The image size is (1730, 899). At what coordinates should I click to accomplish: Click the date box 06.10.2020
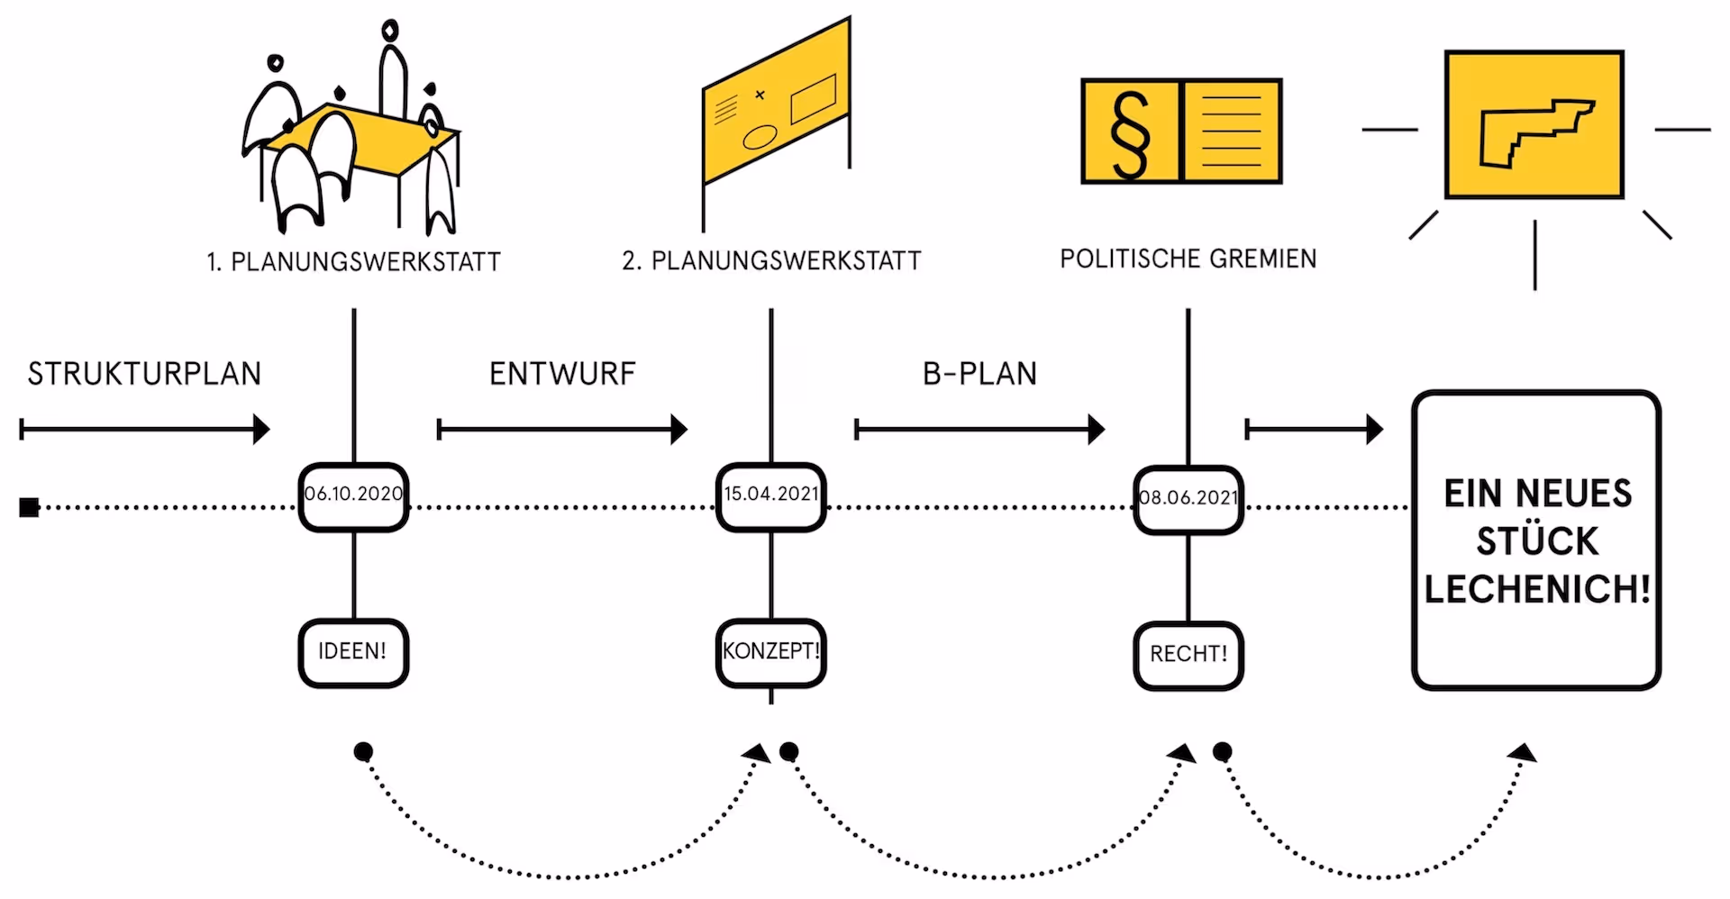(x=353, y=495)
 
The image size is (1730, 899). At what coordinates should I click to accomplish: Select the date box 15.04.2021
(x=771, y=495)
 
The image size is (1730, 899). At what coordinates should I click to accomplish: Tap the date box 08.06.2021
(x=1188, y=498)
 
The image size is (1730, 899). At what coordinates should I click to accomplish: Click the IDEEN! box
(x=353, y=652)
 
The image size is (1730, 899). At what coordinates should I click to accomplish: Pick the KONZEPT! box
(x=771, y=652)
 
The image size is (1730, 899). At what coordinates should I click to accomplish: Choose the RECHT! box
(x=1188, y=655)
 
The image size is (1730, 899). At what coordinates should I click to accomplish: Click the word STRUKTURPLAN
(x=144, y=374)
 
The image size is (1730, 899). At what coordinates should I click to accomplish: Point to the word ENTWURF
(x=562, y=374)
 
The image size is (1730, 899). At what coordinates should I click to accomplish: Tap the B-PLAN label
(x=979, y=374)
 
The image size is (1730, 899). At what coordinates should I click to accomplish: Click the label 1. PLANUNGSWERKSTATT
(x=353, y=262)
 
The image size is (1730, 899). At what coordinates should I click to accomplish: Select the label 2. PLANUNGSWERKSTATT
(x=771, y=261)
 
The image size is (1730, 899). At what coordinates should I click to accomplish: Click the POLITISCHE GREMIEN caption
(x=1188, y=259)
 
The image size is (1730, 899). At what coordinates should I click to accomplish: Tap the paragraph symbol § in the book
(x=1131, y=132)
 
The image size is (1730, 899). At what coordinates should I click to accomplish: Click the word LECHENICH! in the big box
(x=1537, y=589)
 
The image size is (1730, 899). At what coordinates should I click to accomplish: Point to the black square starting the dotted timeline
(x=29, y=508)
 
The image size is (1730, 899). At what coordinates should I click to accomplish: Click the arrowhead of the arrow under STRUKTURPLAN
(x=261, y=430)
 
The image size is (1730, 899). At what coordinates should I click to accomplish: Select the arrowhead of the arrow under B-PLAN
(x=1096, y=430)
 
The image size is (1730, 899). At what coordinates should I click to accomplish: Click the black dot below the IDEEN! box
(x=363, y=751)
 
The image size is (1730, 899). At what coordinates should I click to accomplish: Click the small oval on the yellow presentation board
(x=760, y=137)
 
